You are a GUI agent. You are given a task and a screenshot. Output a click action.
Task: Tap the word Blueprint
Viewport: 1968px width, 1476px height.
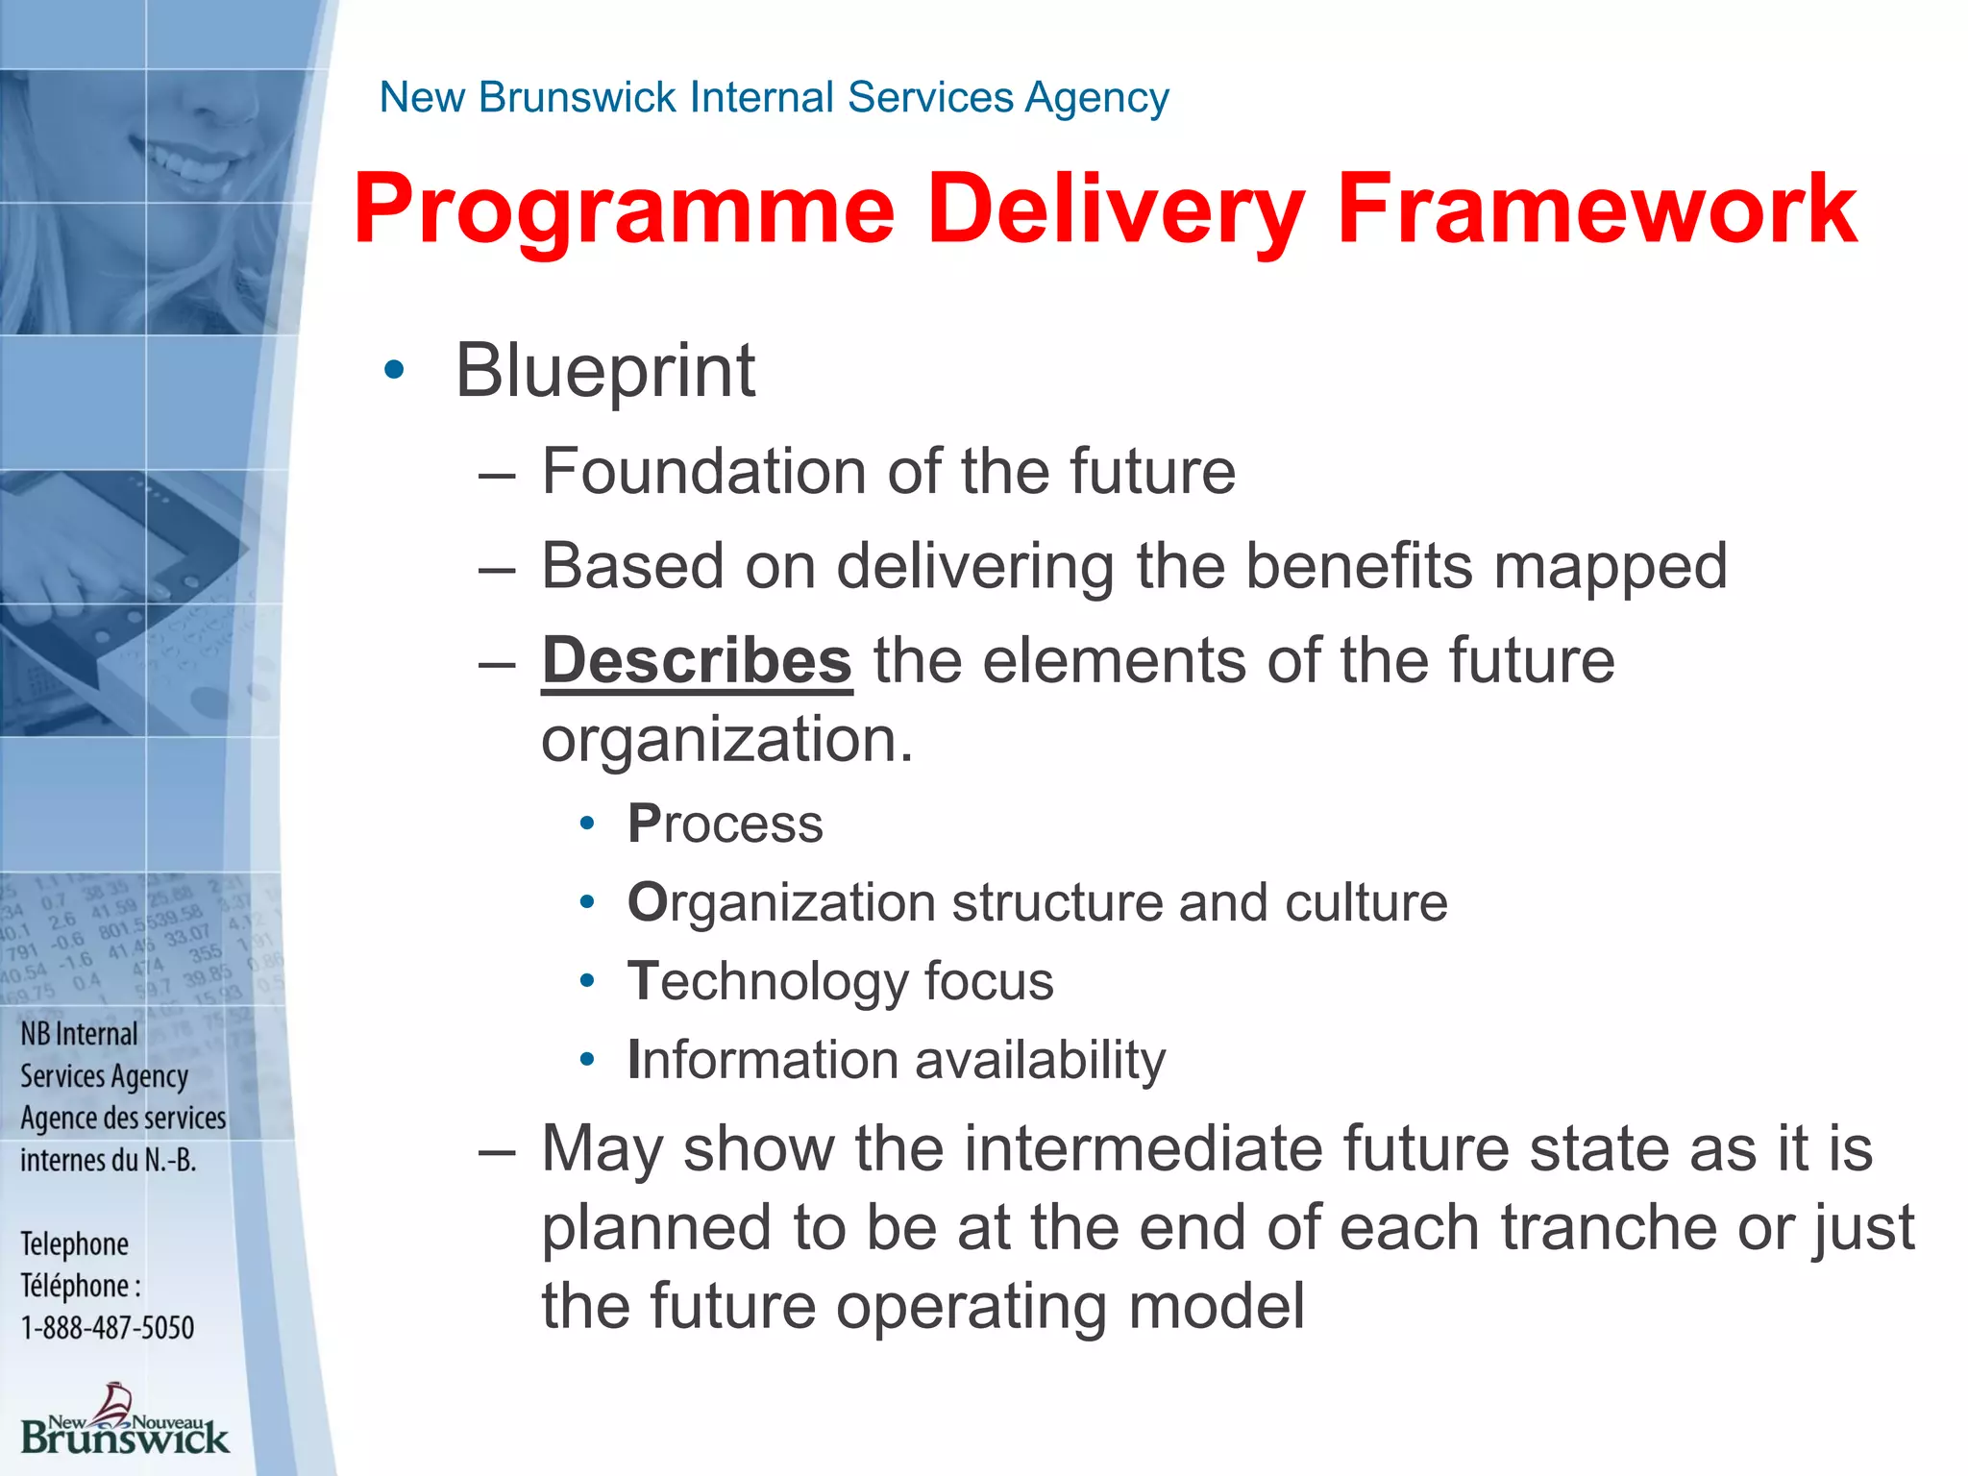tap(605, 372)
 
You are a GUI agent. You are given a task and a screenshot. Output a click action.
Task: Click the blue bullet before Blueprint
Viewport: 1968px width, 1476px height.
tap(394, 370)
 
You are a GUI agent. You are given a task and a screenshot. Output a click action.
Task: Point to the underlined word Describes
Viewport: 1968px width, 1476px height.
tap(697, 661)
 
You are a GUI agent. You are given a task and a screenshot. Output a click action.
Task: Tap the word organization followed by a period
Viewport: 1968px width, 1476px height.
tap(726, 740)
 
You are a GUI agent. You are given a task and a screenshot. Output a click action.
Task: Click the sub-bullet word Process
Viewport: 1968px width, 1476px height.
tap(726, 824)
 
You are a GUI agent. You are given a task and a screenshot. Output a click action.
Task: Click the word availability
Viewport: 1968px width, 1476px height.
tap(1040, 1060)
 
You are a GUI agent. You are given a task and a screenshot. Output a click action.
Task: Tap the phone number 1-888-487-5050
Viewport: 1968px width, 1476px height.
tap(108, 1328)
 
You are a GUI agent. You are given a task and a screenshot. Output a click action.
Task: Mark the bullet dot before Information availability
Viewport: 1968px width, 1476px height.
tap(587, 1060)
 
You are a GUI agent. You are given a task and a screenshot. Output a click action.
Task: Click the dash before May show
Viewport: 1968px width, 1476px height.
tap(498, 1150)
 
